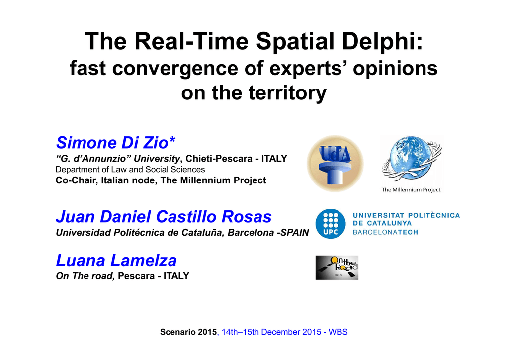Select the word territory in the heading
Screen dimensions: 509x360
[x=287, y=93]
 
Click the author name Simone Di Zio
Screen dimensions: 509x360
[x=112, y=143]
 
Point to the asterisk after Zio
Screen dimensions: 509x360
[x=172, y=140]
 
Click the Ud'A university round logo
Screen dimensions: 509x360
[x=335, y=164]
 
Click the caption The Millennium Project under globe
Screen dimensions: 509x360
[x=411, y=190]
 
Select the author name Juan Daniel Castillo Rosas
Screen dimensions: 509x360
[x=164, y=217]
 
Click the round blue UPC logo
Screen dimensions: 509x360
[x=331, y=224]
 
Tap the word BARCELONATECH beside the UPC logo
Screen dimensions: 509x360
[x=385, y=232]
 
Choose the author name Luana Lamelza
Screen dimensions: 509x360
[x=116, y=261]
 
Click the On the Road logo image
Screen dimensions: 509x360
[x=337, y=268]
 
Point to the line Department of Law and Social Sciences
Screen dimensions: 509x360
[x=130, y=170]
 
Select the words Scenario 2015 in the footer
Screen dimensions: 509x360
[x=188, y=332]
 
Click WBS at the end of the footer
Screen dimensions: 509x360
[x=338, y=332]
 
